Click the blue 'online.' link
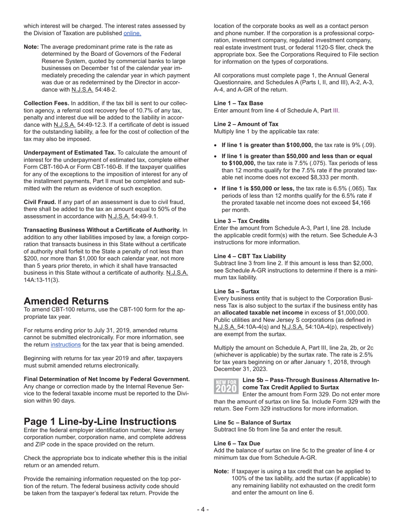pyautogui.click(x=132, y=33)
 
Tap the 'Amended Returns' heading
pyautogui.click(x=66, y=301)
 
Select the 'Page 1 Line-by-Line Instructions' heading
pyautogui.click(x=100, y=421)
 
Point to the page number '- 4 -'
pyautogui.click(x=202, y=509)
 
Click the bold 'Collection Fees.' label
pyautogui.click(x=46, y=103)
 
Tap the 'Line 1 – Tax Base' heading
pyautogui.click(x=238, y=103)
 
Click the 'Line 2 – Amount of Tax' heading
pyautogui.click(x=246, y=124)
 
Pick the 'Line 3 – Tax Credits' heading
pyautogui.click(x=241, y=221)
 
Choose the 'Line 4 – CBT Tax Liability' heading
pyautogui.click(x=250, y=256)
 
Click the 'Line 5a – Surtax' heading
pyautogui.click(x=236, y=291)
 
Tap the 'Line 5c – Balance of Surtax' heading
pyautogui.click(x=252, y=422)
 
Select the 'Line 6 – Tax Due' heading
pyautogui.click(x=237, y=443)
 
